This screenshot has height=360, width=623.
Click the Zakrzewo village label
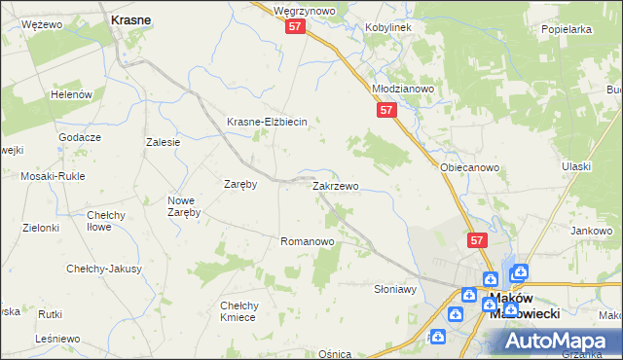click(x=336, y=186)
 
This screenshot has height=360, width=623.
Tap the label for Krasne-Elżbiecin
click(x=267, y=122)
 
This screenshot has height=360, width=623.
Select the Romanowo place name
click(x=308, y=241)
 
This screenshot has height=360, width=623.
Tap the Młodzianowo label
click(x=403, y=88)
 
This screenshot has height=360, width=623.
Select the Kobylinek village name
click(x=388, y=27)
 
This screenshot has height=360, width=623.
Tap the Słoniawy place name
click(x=395, y=289)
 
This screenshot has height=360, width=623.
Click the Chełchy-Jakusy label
click(x=104, y=269)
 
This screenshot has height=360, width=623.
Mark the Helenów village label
click(x=70, y=94)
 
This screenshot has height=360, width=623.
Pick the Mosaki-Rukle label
click(x=53, y=176)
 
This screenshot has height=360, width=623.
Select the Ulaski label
click(x=576, y=166)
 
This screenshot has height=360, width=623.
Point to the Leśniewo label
click(x=55, y=339)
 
